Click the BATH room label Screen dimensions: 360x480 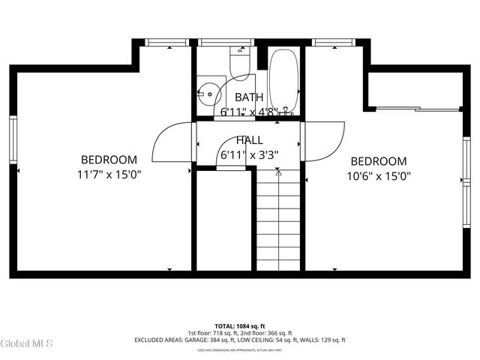(249, 97)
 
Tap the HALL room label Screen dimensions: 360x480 (249, 140)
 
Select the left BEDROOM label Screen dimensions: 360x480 (109, 160)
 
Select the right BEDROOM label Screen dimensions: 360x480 (379, 161)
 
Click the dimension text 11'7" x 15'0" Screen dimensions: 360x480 (109, 174)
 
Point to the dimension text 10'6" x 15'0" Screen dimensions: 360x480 (379, 175)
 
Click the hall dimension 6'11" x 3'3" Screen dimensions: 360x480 (249, 155)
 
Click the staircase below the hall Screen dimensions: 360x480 (278, 221)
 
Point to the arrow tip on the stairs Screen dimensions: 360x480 (278, 171)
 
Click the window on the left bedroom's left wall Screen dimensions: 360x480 (12, 139)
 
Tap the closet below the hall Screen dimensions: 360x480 (223, 221)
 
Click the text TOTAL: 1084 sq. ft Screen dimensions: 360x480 (240, 326)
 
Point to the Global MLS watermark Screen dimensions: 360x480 (27, 344)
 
